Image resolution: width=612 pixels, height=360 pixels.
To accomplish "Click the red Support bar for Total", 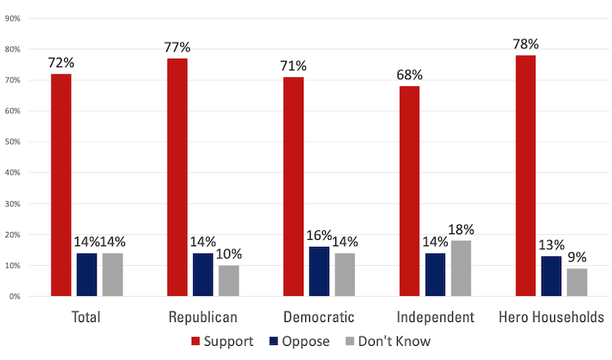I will [x=61, y=185].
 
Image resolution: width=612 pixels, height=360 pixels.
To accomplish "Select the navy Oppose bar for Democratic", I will [x=319, y=271].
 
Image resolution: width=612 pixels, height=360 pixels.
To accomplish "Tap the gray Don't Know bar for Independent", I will [x=461, y=268].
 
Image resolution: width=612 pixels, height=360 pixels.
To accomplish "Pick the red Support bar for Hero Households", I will [x=526, y=176].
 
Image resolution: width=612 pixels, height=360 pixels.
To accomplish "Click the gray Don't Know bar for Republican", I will [x=229, y=281].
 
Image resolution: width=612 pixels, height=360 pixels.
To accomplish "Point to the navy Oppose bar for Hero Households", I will [x=551, y=276].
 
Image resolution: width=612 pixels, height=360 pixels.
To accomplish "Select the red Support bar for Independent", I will [x=410, y=191].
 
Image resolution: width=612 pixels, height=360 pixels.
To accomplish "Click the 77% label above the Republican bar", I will [x=178, y=47].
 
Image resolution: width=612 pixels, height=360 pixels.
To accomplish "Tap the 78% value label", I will [x=526, y=44].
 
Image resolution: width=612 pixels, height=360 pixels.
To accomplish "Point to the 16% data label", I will [x=319, y=235].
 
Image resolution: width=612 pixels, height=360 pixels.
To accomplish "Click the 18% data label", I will [x=461, y=229].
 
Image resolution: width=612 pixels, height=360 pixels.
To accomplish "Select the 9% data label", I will [x=577, y=256].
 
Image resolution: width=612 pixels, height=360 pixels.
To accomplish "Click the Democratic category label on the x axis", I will [x=319, y=317].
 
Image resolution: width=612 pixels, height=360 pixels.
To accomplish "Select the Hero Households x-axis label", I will [x=551, y=317].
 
